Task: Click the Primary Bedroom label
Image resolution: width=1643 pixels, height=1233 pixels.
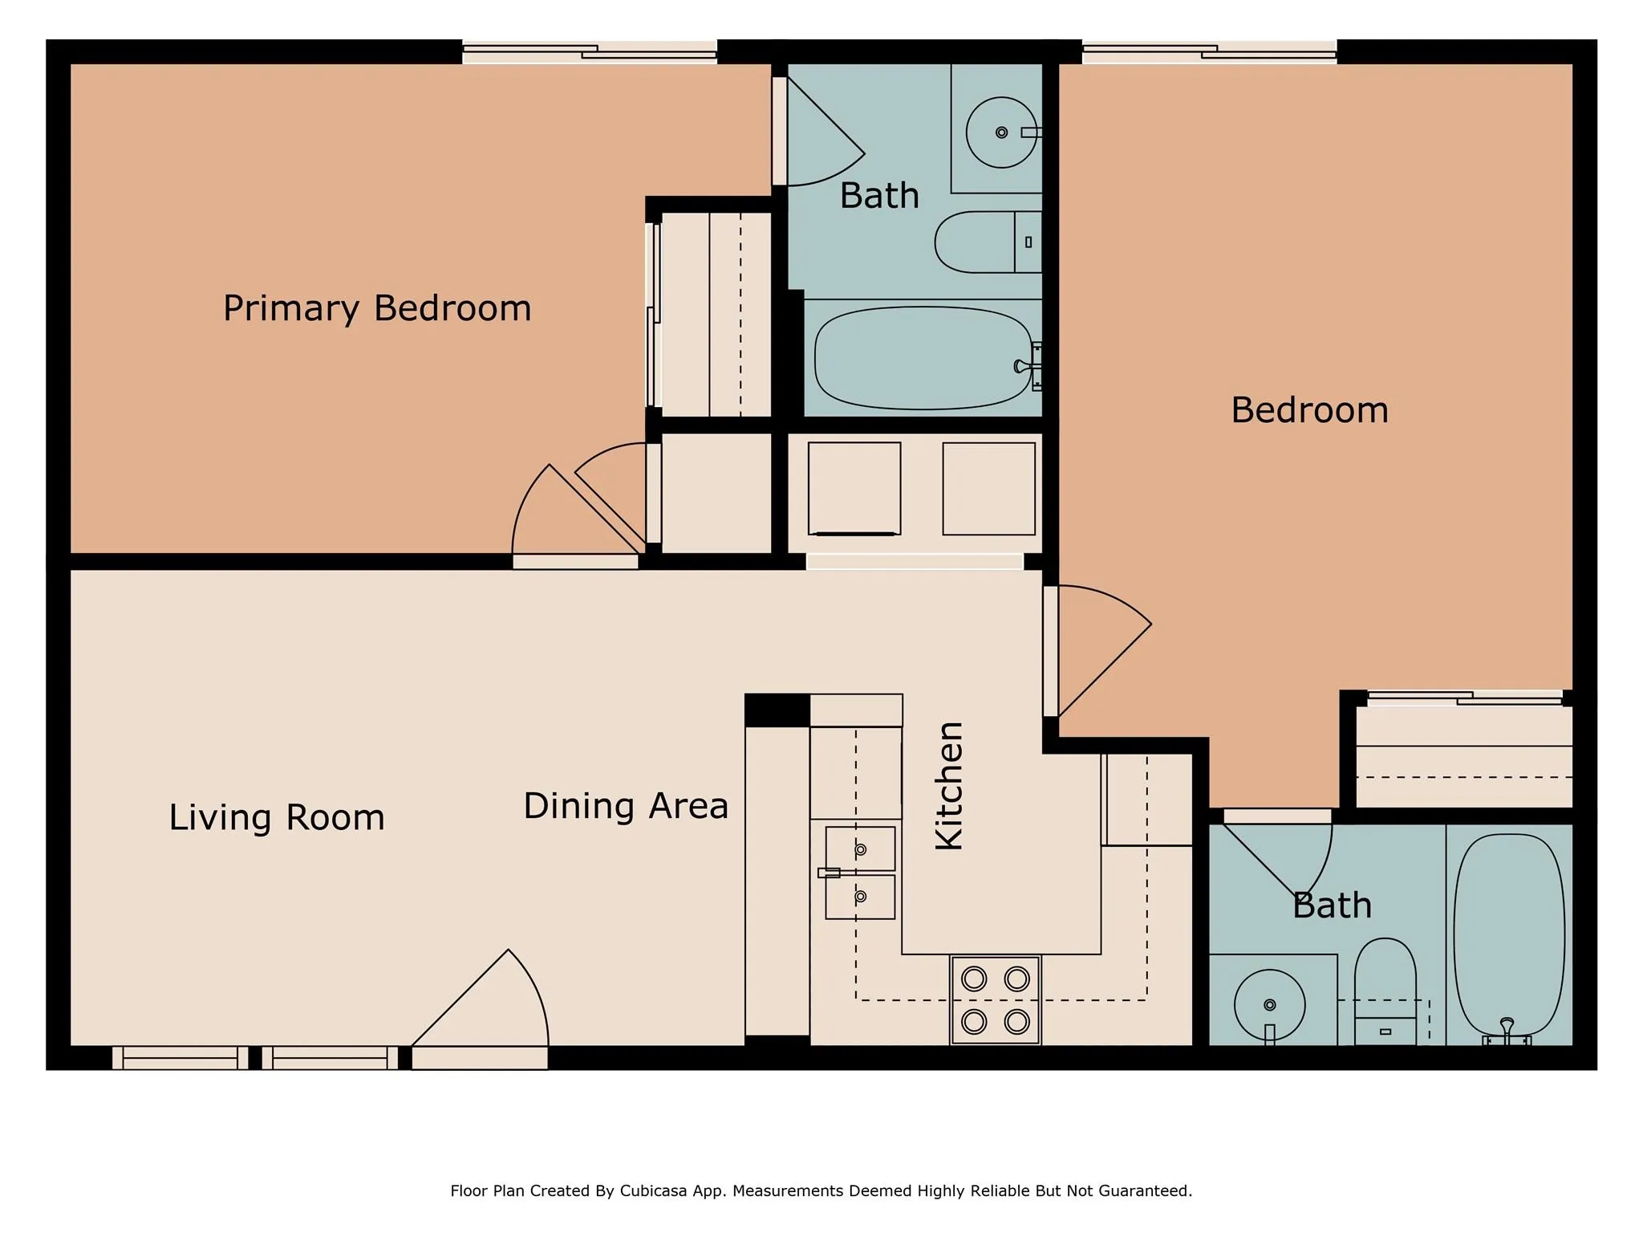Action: coord(377,308)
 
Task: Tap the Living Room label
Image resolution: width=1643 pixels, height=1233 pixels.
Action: coord(277,817)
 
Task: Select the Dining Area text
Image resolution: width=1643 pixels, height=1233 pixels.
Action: coord(626,806)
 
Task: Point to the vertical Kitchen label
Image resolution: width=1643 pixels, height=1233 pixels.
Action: coord(950,785)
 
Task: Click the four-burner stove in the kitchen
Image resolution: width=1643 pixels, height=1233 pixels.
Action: coord(995,1000)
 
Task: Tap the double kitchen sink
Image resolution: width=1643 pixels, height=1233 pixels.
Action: coord(860,873)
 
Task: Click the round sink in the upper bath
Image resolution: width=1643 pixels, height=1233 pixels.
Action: coord(1000,132)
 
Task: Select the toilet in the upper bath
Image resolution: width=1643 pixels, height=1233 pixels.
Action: coord(987,242)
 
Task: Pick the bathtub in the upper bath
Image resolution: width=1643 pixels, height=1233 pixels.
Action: coord(923,358)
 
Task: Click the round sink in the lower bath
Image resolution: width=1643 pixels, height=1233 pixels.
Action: coord(1269,1005)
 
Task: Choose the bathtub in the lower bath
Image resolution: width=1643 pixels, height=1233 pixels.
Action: coord(1508,935)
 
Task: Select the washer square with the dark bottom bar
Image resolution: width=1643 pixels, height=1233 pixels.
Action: coord(854,488)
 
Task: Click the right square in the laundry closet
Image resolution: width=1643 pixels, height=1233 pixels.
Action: coord(988,488)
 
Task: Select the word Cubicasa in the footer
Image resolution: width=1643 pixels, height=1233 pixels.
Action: coord(652,1190)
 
